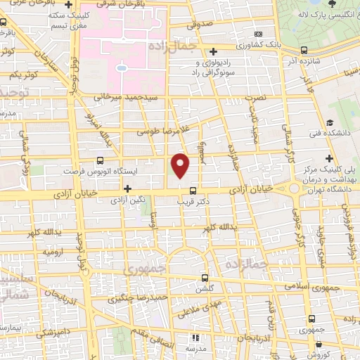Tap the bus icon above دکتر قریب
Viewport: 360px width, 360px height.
point(193,189)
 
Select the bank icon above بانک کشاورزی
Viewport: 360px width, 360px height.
point(259,34)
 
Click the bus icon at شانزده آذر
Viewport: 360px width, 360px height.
point(303,50)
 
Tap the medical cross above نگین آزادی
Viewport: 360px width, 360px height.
point(127,188)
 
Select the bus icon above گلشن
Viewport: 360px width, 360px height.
point(205,278)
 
